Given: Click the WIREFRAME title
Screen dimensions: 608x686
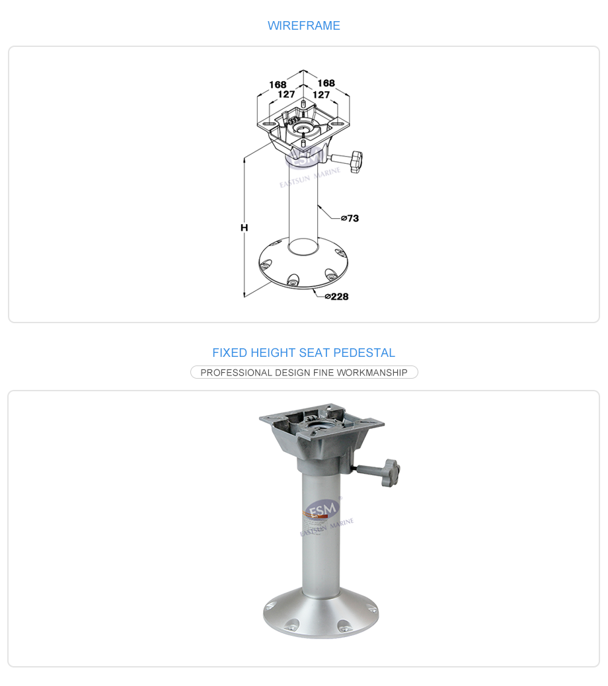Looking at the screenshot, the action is [x=303, y=25].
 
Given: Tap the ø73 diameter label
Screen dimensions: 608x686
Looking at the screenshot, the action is [x=350, y=218].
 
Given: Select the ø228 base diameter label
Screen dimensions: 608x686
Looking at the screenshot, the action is [x=337, y=297].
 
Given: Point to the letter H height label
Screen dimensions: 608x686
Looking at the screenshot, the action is [x=244, y=227].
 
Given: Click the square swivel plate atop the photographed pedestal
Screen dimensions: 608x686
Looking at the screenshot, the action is [x=321, y=420].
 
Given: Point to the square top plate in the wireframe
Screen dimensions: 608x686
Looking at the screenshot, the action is [x=303, y=124].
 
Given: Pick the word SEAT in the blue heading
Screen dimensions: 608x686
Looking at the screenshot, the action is [x=315, y=353].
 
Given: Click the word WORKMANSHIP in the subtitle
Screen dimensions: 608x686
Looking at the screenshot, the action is [x=372, y=373].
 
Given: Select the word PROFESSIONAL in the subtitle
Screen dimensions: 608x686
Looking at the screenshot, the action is [x=236, y=373].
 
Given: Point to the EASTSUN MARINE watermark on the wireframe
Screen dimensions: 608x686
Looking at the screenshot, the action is [x=310, y=177].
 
